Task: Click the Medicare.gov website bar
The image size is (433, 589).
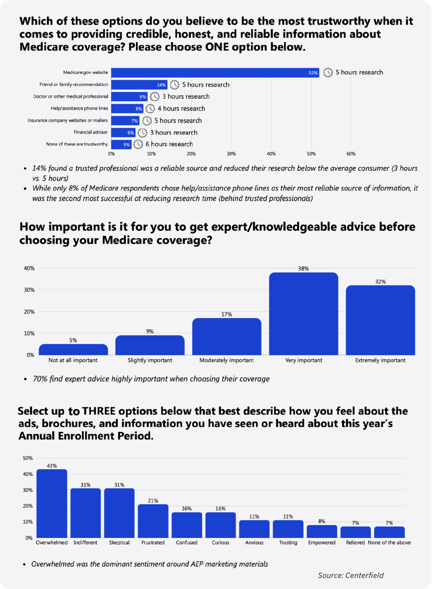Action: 215,72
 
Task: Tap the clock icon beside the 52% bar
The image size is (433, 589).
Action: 328,72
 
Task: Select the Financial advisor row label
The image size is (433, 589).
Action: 91,132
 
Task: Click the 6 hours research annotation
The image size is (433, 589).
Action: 169,144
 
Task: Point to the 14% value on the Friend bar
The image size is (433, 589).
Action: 161,85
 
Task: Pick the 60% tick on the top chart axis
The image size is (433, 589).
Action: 351,154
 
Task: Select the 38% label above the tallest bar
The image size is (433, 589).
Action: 303,268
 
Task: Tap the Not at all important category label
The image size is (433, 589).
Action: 73,360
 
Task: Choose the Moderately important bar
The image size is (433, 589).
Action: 226,336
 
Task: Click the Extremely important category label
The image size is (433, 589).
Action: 380,360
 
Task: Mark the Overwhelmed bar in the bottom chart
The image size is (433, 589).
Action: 52,503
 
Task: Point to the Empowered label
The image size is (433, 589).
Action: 322,543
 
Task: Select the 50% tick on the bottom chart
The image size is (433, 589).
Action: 28,458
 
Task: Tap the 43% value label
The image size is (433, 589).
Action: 52,466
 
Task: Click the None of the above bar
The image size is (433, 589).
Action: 389,532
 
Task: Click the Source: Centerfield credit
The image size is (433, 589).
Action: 350,575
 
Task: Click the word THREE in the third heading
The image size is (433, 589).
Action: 99,411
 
